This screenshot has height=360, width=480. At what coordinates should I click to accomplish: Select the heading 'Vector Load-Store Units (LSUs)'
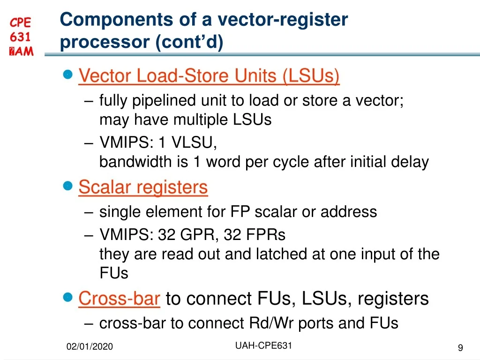coord(209,76)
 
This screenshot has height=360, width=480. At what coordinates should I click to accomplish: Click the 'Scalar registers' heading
coord(143,187)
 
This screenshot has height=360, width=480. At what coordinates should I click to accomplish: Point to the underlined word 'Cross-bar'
coord(120,298)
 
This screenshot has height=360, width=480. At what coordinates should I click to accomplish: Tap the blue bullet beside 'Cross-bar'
coord(68,297)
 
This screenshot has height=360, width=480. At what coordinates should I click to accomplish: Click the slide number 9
coord(460,347)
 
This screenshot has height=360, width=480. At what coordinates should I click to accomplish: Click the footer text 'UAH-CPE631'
coord(263,346)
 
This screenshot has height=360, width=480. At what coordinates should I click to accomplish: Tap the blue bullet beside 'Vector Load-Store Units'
coord(68,75)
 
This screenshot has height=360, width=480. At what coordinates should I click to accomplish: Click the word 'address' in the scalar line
coord(349,212)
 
